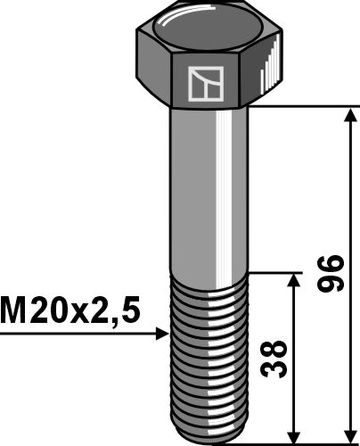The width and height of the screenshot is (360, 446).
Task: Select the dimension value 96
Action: pyautogui.click(x=331, y=274)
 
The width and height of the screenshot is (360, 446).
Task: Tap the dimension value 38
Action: pyautogui.click(x=278, y=357)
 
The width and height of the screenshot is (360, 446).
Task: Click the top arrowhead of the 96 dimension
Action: pyautogui.click(x=348, y=114)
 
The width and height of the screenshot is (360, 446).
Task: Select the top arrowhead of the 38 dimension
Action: pyautogui.click(x=295, y=280)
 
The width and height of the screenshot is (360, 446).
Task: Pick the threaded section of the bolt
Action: pyautogui.click(x=208, y=357)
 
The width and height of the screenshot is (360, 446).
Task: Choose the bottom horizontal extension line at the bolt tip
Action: pyautogui.click(x=303, y=440)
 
